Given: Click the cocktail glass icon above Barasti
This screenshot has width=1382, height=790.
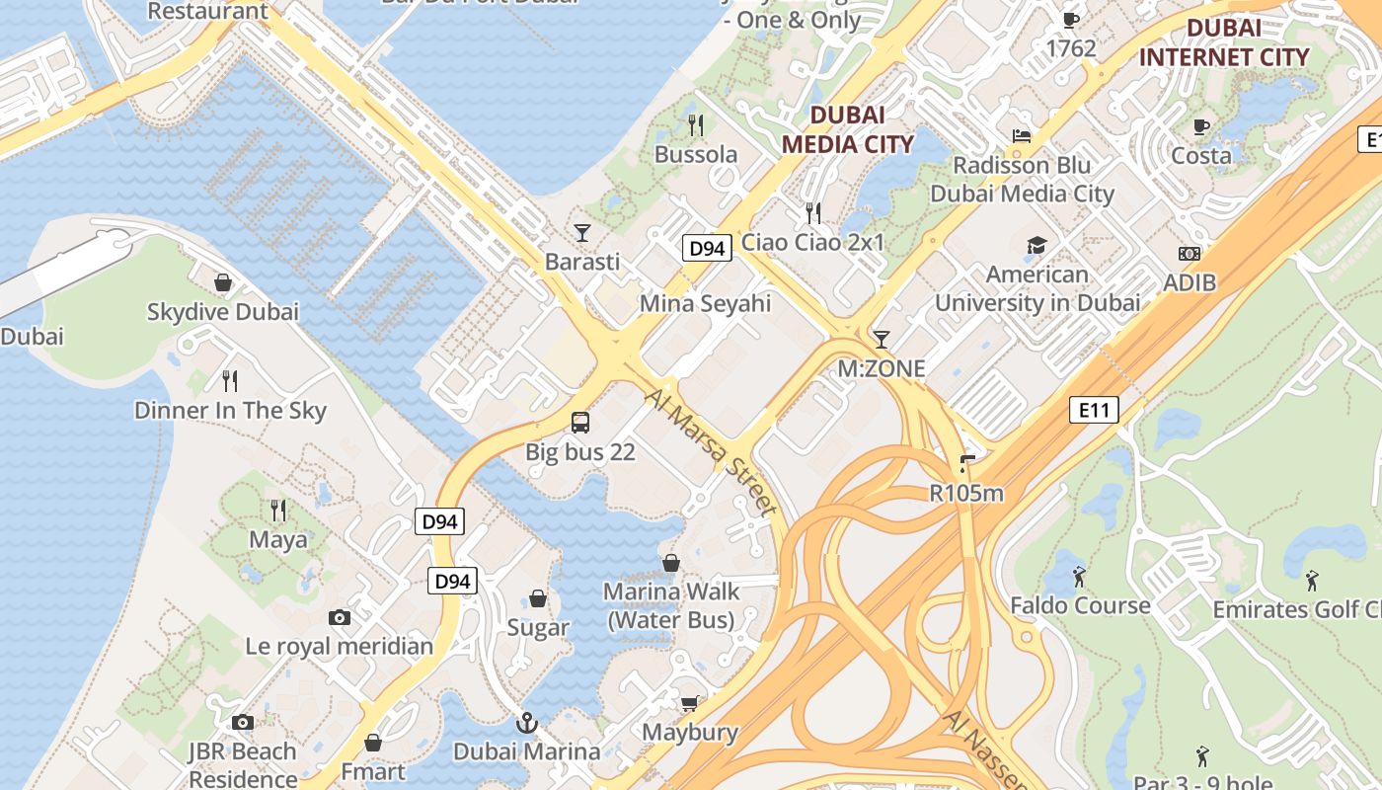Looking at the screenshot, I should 582,233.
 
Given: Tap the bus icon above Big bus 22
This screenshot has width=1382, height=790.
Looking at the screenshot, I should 580,423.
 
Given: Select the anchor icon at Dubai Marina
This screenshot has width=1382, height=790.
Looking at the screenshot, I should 526,723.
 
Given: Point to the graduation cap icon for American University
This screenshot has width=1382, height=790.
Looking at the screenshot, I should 1036,246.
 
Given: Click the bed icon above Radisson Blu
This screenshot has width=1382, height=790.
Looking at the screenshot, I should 1022,136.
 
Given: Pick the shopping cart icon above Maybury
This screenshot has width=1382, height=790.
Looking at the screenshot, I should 690,703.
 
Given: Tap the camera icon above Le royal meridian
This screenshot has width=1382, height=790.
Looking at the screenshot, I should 340,618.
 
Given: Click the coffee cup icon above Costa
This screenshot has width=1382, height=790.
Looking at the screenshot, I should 1201,126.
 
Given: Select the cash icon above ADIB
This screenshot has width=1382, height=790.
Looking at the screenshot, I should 1190,254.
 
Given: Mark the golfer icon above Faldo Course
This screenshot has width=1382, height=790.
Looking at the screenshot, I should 1079,576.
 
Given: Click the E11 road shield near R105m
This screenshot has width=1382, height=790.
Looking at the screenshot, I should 1094,410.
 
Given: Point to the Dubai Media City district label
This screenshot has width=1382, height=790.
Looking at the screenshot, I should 847,129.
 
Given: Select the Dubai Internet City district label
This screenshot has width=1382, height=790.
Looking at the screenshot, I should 1224,42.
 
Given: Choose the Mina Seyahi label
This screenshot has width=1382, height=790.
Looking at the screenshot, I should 705,303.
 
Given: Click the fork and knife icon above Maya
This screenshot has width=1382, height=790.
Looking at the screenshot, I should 278,511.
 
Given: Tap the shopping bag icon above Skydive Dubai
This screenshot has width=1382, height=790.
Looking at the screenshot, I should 223,283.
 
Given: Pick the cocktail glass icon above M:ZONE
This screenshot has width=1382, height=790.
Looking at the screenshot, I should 882,340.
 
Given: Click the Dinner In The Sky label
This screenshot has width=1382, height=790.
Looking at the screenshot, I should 230,411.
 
